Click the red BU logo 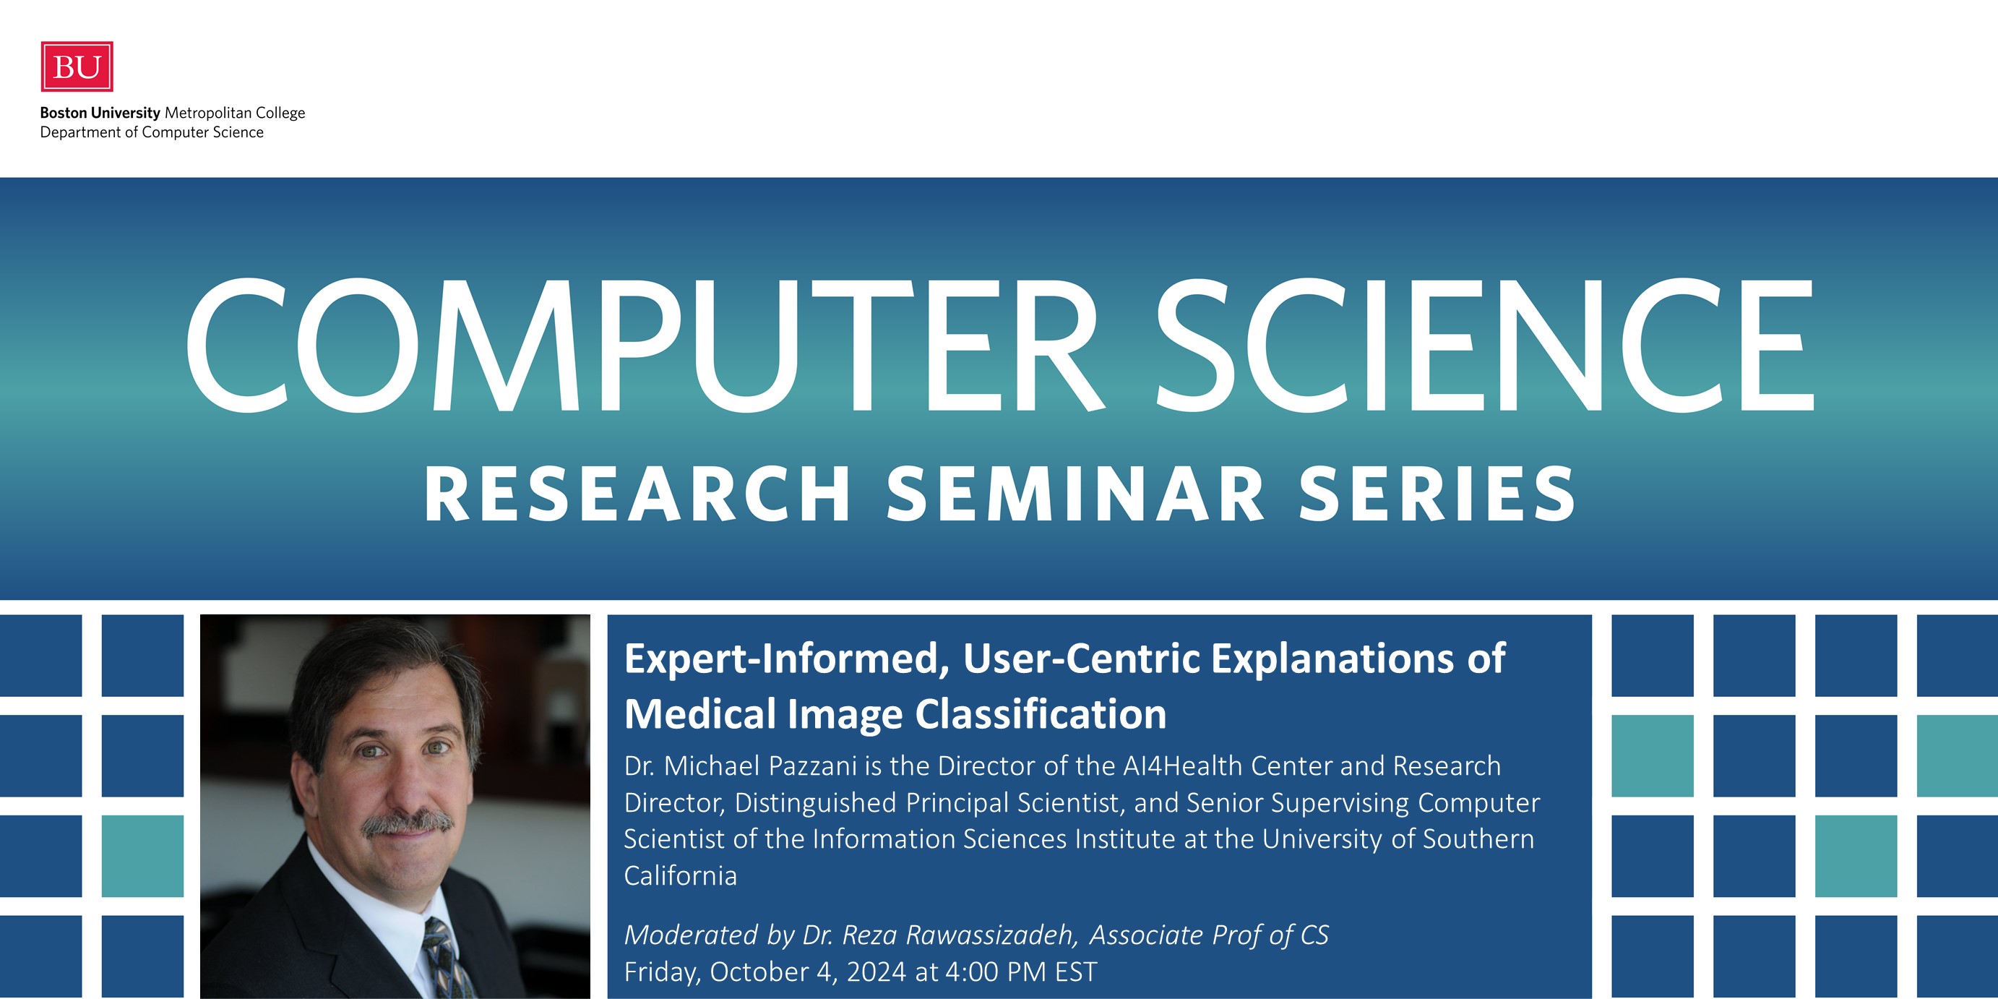pos(77,67)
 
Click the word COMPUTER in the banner pos(645,345)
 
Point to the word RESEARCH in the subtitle pos(637,494)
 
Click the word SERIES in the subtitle pos(1437,494)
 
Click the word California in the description pos(680,875)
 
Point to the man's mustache pos(408,824)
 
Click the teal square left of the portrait pos(143,857)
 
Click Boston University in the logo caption pos(100,113)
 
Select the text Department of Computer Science pos(152,132)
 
